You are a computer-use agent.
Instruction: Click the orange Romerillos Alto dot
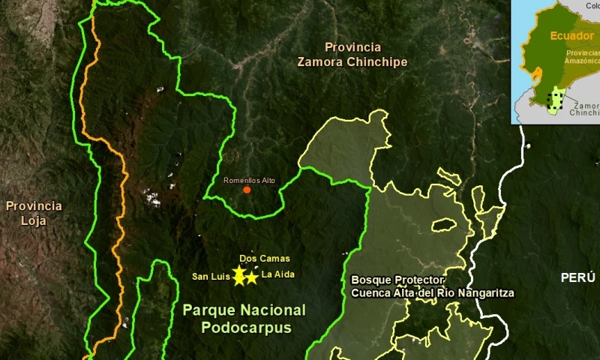coord(247,190)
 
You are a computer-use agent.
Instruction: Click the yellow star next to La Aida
coord(252,277)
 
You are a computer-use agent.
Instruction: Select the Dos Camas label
coord(265,259)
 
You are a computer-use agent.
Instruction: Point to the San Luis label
coord(210,277)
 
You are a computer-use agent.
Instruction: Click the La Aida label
coord(278,274)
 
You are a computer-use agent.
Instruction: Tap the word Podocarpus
coord(247,328)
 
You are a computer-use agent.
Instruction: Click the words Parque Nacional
coord(244,310)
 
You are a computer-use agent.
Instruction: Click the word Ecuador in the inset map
coord(572,36)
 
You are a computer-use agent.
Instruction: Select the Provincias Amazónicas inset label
coord(583,58)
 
